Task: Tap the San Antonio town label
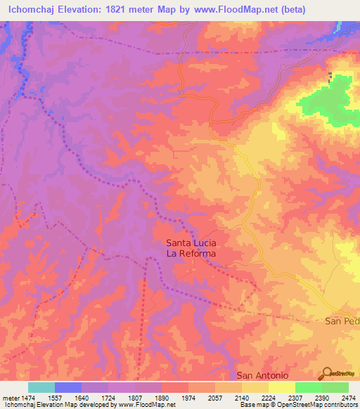263,375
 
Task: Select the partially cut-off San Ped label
342,320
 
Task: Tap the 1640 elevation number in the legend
82,398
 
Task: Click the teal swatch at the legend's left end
41,387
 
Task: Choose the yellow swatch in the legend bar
281,387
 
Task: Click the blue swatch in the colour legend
68,387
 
